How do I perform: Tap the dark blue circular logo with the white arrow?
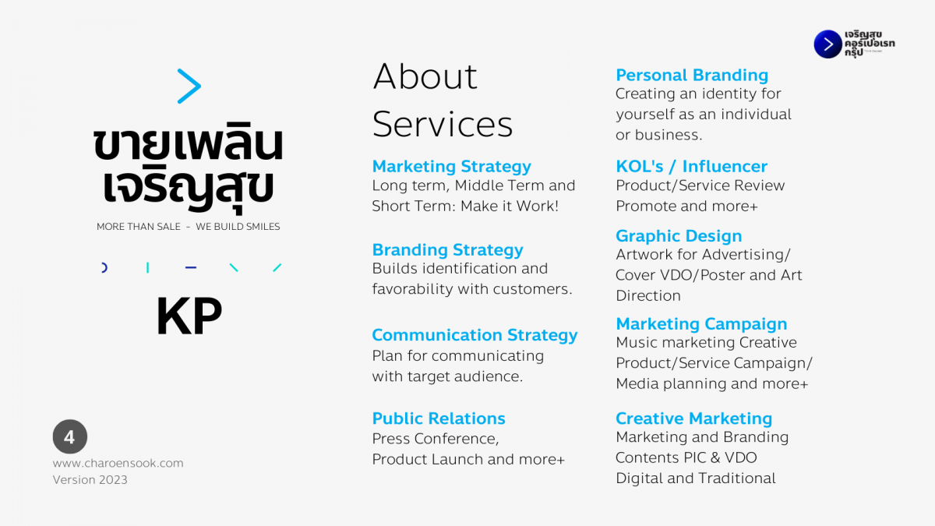[x=827, y=44]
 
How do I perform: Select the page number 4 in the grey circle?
[x=69, y=436]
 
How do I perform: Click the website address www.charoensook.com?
[x=118, y=463]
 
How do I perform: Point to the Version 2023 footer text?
[x=90, y=480]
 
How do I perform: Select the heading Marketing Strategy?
[x=452, y=167]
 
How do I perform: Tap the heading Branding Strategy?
[x=447, y=250]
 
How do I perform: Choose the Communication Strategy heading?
[x=475, y=335]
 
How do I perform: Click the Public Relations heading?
[x=439, y=418]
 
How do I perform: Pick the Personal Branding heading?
[x=692, y=75]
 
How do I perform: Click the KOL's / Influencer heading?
[x=692, y=166]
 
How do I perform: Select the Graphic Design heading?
[x=679, y=236]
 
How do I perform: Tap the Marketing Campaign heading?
[x=702, y=324]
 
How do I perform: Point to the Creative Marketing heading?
[x=694, y=418]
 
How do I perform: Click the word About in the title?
[x=425, y=76]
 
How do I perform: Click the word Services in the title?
[x=443, y=125]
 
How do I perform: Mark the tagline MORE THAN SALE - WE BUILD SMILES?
[x=189, y=227]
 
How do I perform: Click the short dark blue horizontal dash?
[x=191, y=267]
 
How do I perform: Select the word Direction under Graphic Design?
[x=648, y=295]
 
